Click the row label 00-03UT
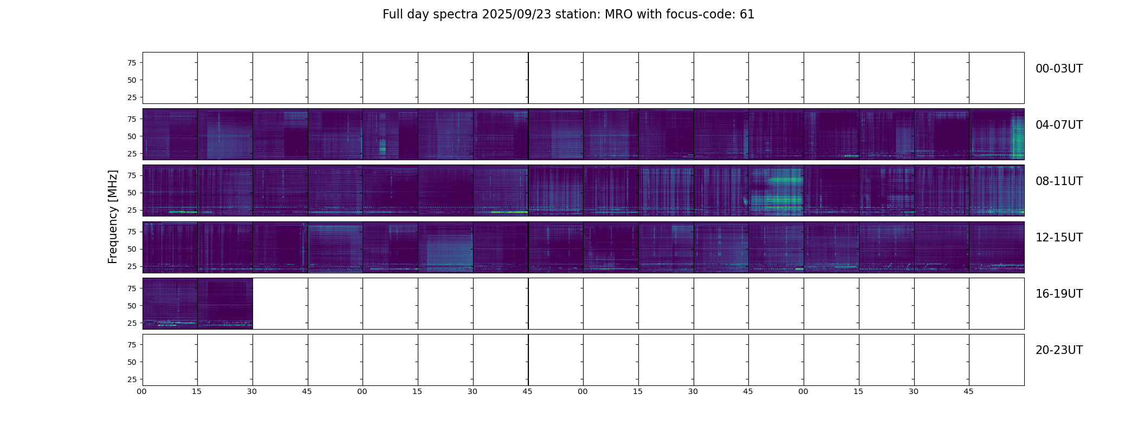pos(1059,69)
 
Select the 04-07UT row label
pos(1059,125)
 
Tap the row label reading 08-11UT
pos(1059,181)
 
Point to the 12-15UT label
pos(1059,238)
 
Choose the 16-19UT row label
pos(1059,294)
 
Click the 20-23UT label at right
pos(1059,350)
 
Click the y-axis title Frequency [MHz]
pos(113,216)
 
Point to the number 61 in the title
pos(747,15)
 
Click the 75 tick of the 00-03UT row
pos(131,63)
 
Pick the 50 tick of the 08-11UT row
pos(131,193)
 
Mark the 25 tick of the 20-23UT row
pos(131,379)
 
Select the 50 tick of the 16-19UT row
pos(131,306)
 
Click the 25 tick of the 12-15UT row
pos(131,266)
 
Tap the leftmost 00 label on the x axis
pos(142,391)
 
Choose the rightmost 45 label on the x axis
pos(968,391)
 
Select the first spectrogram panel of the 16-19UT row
pos(170,303)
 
